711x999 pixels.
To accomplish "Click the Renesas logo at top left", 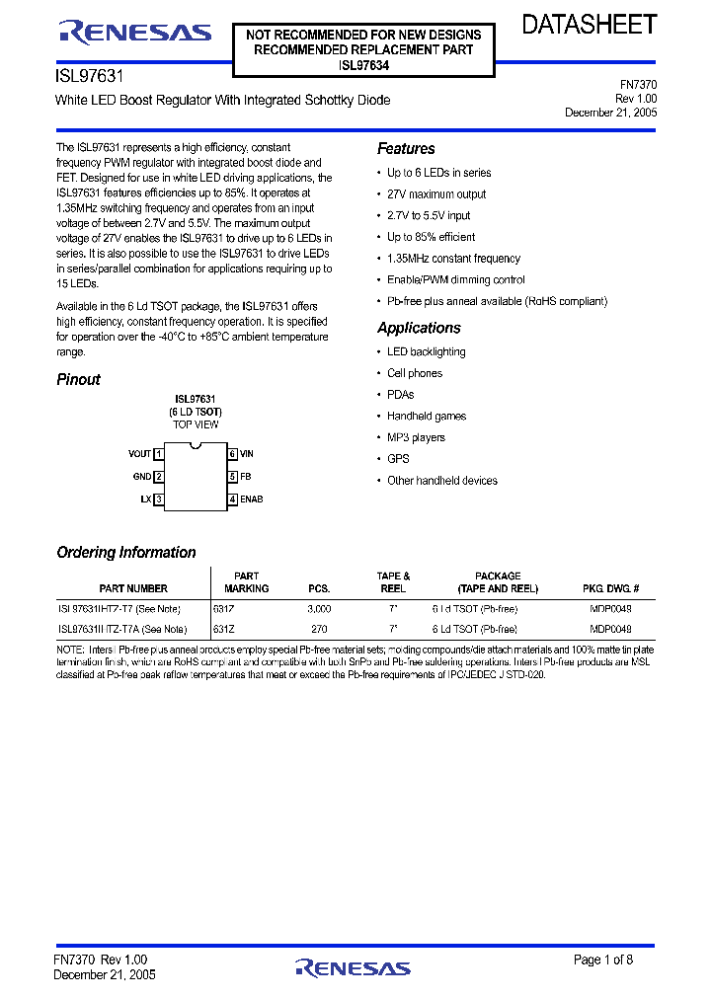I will (135, 33).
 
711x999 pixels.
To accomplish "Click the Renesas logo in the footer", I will (353, 966).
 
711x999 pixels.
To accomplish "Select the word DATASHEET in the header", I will (589, 25).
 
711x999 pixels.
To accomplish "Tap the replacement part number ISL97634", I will (363, 65).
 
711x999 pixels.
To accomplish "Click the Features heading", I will (406, 149).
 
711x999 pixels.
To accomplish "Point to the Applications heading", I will (419, 328).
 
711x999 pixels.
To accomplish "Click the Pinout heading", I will (78, 379).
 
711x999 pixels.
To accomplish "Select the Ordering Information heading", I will (126, 553).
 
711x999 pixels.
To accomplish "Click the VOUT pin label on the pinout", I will (139, 454).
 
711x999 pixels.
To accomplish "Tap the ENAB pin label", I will (251, 499).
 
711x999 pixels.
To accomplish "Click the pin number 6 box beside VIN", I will (232, 454).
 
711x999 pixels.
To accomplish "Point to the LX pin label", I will (145, 499).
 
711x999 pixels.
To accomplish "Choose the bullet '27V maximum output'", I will (436, 194).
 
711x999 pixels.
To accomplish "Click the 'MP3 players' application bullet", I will (416, 437).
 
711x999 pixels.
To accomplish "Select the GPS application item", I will (397, 459).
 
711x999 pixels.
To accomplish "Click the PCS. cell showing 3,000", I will (319, 610).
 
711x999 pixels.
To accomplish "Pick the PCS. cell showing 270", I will (319, 629).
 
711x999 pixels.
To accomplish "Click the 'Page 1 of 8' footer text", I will (603, 960).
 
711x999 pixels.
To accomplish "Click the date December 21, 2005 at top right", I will (610, 113).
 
